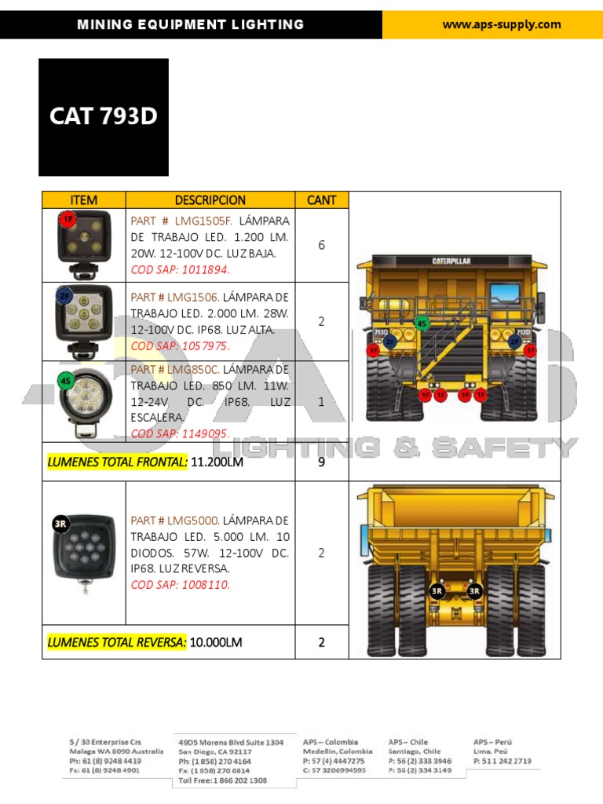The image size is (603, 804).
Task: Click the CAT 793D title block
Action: (x=104, y=116)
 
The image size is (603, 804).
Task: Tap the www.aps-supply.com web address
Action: (x=502, y=24)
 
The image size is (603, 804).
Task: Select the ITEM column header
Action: (x=83, y=200)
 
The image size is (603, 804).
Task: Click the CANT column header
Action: (x=321, y=200)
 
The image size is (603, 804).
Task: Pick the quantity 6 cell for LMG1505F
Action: (x=321, y=245)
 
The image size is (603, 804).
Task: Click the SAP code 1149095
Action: (x=180, y=433)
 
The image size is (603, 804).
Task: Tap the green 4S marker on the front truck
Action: (x=422, y=323)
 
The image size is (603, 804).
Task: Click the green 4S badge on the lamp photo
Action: (x=66, y=382)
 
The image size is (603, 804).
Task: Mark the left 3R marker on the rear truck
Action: (x=437, y=590)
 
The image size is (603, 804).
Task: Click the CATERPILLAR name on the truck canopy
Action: (x=451, y=261)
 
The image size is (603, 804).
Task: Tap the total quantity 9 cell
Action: (x=321, y=462)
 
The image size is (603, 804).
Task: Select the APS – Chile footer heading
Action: (x=408, y=742)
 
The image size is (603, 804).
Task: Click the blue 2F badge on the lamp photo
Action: (x=64, y=296)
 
